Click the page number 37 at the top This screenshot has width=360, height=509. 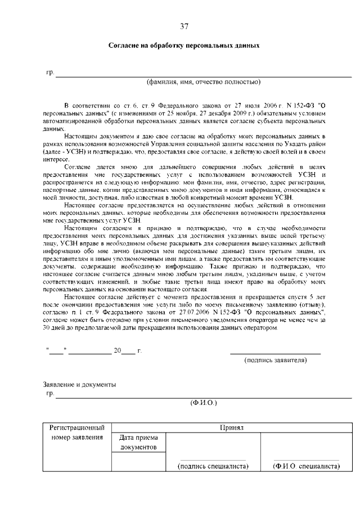pyautogui.click(x=184, y=26)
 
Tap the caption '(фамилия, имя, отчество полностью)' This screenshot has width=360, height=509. pyautogui.click(x=203, y=82)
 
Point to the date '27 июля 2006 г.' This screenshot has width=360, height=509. pyautogui.click(x=267, y=105)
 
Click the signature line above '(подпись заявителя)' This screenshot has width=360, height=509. pyautogui.click(x=275, y=353)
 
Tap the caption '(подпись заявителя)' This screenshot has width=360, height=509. pyautogui.click(x=275, y=361)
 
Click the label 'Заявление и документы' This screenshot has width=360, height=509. pyautogui.click(x=80, y=385)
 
